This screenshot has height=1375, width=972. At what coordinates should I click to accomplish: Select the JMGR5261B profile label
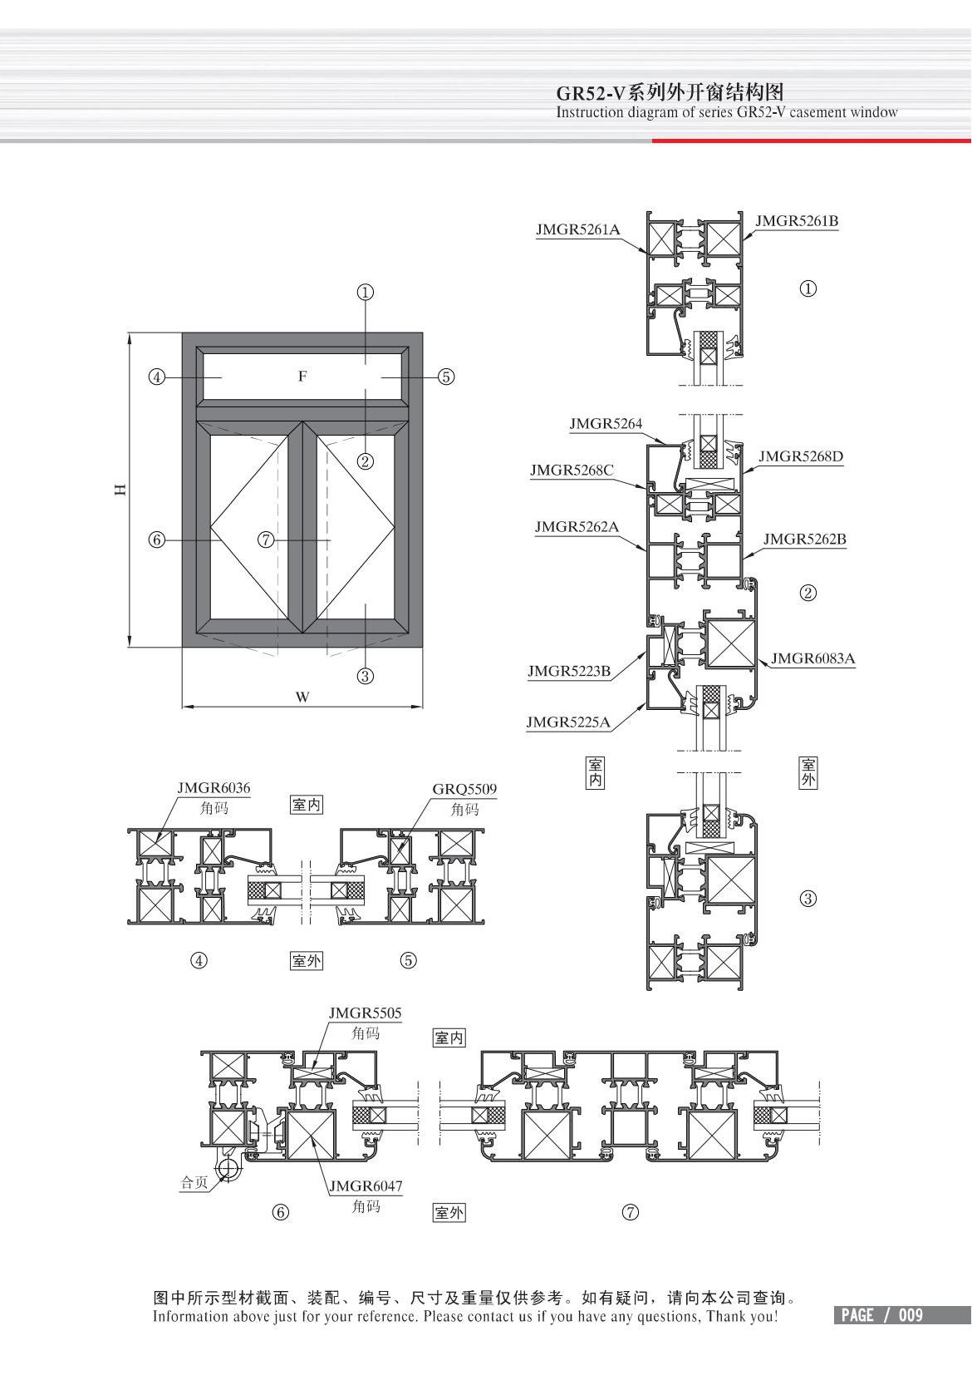796,221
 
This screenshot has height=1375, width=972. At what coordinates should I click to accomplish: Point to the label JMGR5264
606,424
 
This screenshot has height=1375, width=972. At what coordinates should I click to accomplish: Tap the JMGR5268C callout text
572,471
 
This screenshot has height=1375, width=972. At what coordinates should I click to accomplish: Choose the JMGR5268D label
800,456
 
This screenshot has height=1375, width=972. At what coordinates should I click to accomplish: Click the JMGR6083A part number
812,658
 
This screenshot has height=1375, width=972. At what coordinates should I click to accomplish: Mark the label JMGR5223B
569,671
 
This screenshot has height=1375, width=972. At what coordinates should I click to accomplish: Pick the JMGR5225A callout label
568,722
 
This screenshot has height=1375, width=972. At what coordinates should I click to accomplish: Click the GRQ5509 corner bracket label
464,789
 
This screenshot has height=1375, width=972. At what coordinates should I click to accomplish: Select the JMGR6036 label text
214,788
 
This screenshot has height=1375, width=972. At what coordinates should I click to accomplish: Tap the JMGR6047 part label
365,1187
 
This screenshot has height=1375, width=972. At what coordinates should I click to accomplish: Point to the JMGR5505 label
365,1013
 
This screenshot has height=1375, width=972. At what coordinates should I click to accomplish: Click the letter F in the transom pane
302,377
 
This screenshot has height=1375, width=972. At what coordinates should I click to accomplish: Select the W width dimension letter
302,697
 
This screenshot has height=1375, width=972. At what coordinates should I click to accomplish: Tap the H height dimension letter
120,490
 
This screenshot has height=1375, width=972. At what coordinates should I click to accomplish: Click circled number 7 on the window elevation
266,540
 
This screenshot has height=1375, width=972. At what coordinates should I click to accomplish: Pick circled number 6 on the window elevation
156,540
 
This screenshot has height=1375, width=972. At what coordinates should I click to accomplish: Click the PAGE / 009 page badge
881,1315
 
